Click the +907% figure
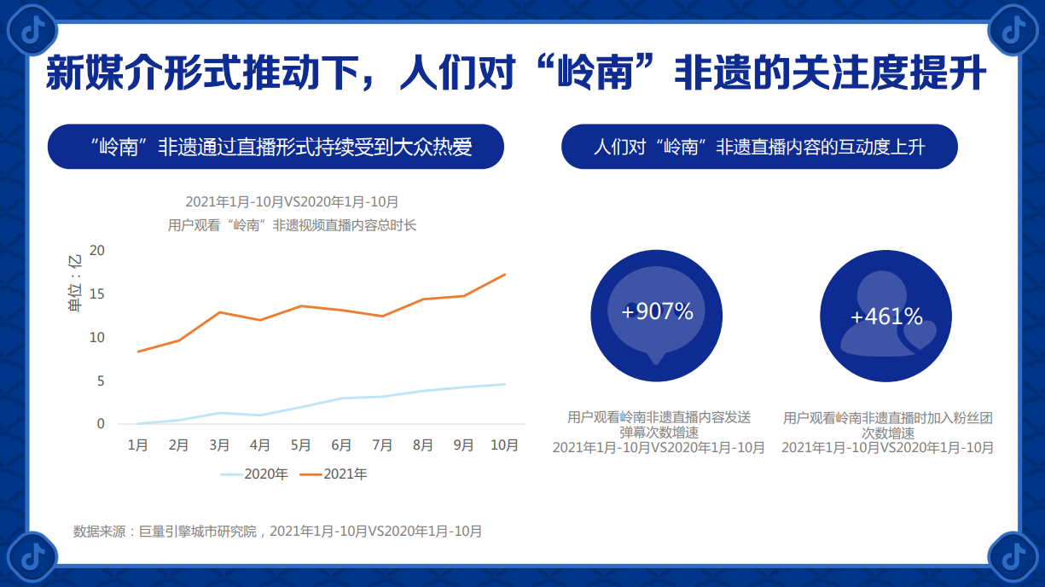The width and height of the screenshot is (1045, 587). click(x=657, y=311)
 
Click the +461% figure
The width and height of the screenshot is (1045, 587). click(x=886, y=317)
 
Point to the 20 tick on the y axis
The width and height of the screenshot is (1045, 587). click(x=96, y=250)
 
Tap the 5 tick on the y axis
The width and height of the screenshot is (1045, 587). click(x=100, y=381)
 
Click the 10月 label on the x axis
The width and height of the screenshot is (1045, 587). click(x=504, y=445)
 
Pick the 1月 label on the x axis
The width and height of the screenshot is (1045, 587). click(x=137, y=445)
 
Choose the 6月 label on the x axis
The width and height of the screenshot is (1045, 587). click(x=341, y=445)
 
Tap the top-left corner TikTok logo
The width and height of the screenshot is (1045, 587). click(x=32, y=31)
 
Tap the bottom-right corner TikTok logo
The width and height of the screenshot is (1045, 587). click(x=1013, y=557)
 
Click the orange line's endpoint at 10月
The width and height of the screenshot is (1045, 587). click(x=505, y=274)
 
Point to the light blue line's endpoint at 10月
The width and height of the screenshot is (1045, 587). click(x=505, y=384)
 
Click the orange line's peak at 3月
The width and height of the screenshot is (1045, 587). click(x=219, y=312)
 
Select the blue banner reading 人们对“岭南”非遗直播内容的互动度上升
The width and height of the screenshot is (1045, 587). click(x=759, y=147)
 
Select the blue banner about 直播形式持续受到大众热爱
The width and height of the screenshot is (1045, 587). click(x=276, y=147)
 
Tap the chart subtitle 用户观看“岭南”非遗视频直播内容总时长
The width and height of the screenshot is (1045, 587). click(x=292, y=225)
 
